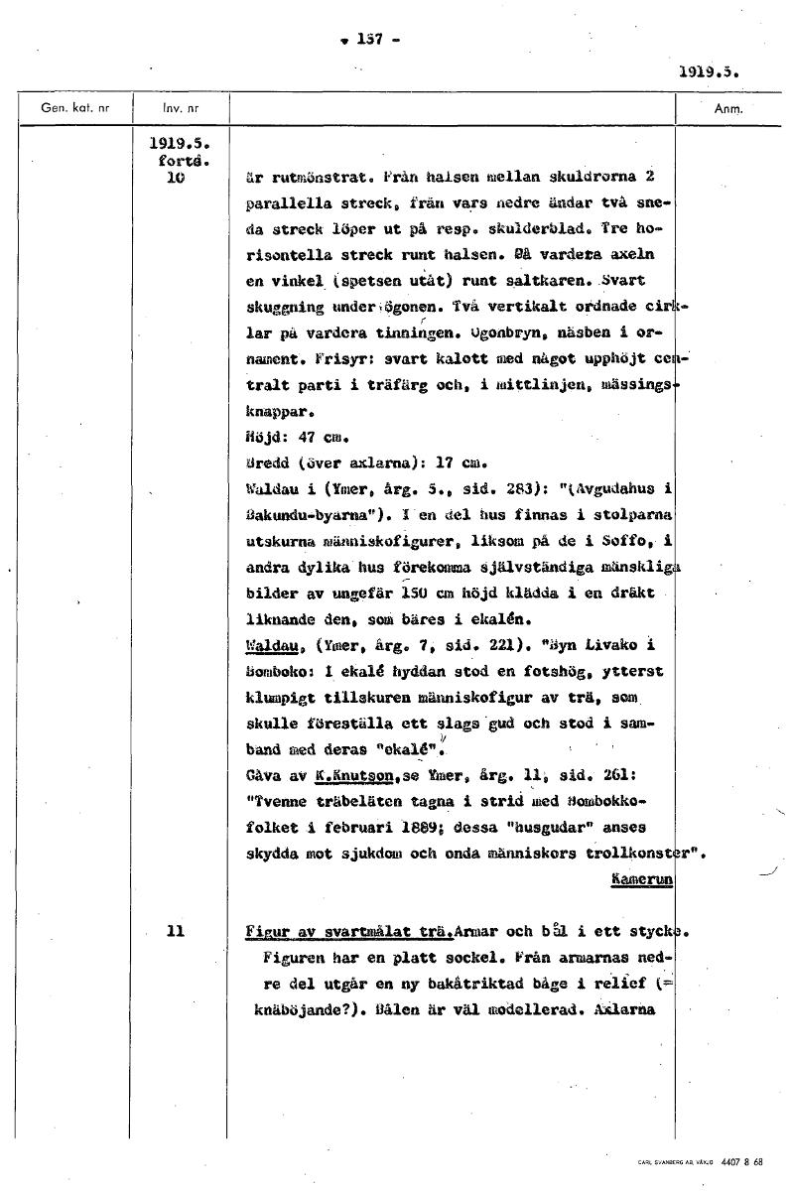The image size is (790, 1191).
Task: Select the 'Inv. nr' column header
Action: click(x=180, y=108)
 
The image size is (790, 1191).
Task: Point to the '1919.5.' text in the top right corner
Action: click(x=711, y=71)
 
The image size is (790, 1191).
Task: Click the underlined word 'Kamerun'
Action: click(x=642, y=878)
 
